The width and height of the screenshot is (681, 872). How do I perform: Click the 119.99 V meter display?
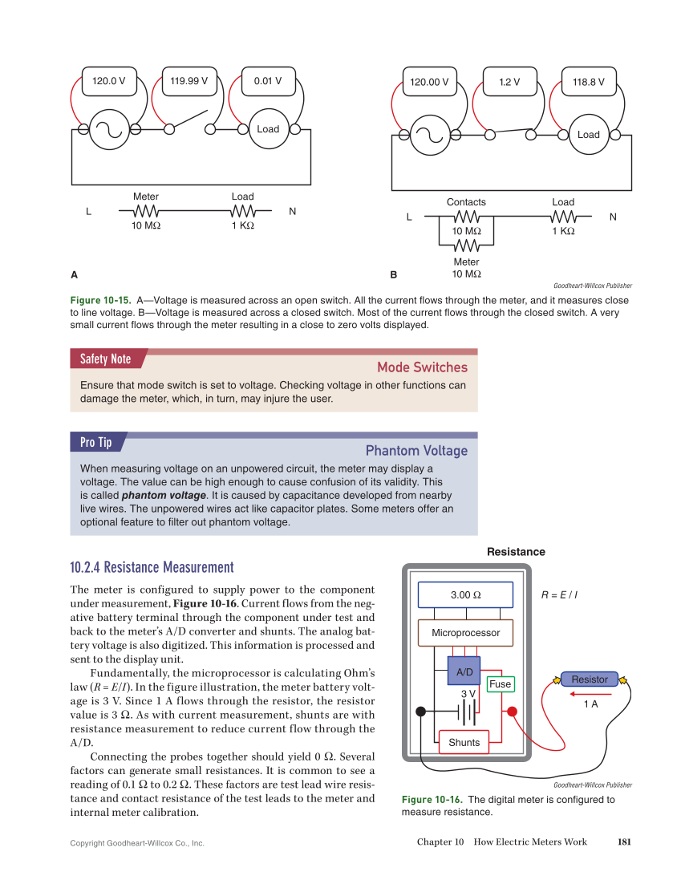click(189, 81)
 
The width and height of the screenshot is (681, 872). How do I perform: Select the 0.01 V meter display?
click(268, 81)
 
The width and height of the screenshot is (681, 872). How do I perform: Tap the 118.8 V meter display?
click(589, 82)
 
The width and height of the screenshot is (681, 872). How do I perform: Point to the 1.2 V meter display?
click(509, 82)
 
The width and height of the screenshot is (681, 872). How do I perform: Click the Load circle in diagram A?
click(268, 129)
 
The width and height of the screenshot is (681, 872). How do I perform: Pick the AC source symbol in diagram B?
click(430, 135)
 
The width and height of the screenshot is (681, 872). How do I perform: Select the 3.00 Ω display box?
click(465, 595)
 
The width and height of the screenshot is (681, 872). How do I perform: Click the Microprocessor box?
click(465, 633)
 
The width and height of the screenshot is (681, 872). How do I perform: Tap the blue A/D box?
click(464, 671)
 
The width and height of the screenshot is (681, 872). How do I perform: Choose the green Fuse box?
click(500, 684)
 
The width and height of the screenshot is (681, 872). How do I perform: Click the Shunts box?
click(464, 742)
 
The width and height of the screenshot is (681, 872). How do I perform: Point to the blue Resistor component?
click(590, 679)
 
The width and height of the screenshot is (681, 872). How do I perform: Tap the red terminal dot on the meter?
click(513, 711)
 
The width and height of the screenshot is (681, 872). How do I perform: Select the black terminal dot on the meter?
click(420, 711)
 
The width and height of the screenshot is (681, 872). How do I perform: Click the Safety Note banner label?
click(105, 359)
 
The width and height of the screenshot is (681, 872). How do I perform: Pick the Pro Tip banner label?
click(95, 442)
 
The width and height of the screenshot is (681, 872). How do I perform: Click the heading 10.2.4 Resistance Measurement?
click(152, 567)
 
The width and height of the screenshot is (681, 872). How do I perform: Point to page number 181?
click(624, 842)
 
